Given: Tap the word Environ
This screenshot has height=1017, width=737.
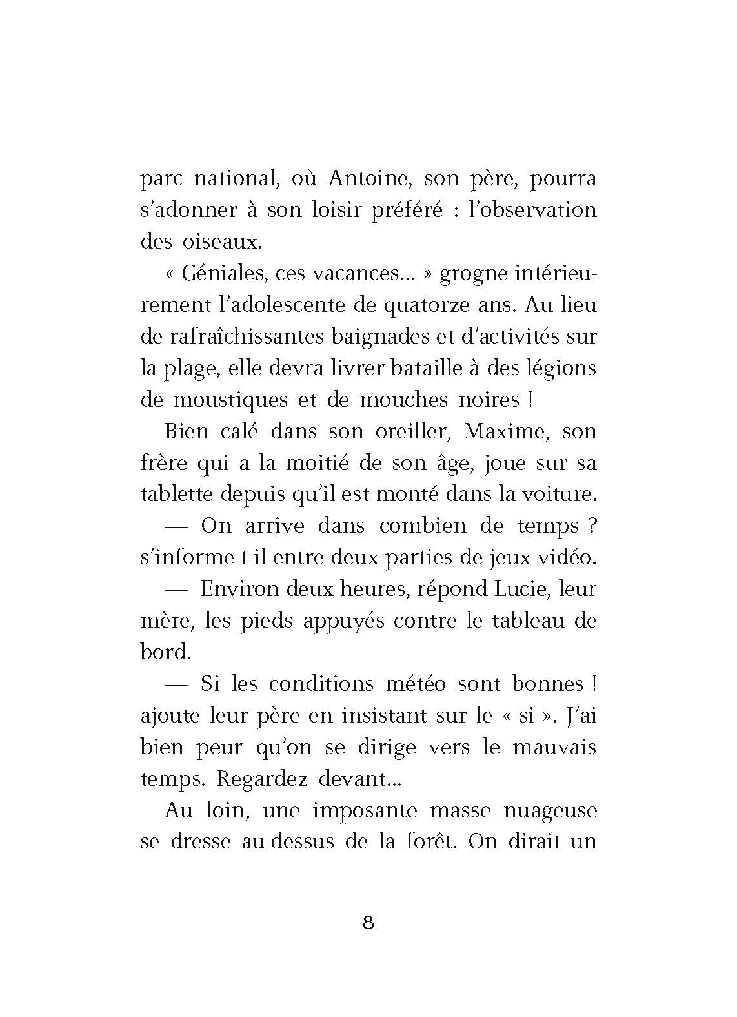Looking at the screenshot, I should tap(240, 589).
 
